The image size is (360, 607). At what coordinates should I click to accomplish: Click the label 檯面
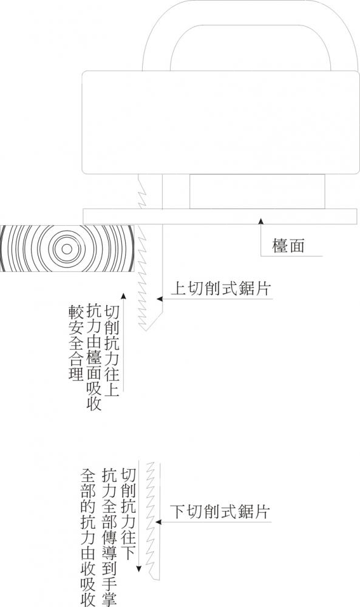(x=288, y=246)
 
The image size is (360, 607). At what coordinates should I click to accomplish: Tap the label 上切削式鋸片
(x=220, y=288)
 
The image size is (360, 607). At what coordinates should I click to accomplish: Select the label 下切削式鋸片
(x=220, y=512)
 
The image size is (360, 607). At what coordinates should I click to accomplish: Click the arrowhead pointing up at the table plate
(x=261, y=221)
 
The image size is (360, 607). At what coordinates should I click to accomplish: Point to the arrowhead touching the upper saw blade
(x=159, y=299)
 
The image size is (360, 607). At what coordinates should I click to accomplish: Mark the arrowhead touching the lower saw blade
(x=158, y=522)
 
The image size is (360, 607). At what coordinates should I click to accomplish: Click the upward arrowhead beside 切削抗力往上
(x=123, y=296)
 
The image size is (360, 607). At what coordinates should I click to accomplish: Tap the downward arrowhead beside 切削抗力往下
(x=138, y=568)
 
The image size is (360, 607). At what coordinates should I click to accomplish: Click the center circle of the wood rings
(x=67, y=249)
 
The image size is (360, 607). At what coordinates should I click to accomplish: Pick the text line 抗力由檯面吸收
(x=94, y=356)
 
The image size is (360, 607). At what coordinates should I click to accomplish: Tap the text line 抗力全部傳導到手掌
(x=109, y=537)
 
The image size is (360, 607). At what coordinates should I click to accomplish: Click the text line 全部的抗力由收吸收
(x=88, y=537)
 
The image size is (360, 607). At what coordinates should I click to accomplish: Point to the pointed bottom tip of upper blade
(x=145, y=330)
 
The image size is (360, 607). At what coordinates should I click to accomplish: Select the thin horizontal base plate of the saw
(x=220, y=217)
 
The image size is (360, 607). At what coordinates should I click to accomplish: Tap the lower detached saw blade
(x=152, y=521)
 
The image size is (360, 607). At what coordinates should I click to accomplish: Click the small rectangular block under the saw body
(x=257, y=192)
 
